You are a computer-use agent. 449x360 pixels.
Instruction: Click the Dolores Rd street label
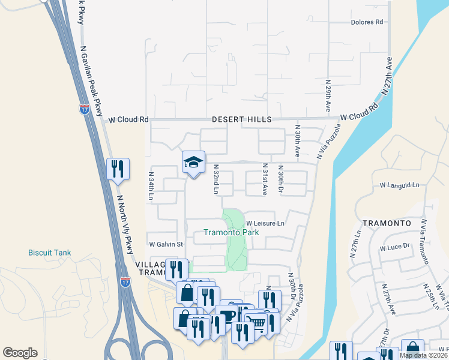click(366, 22)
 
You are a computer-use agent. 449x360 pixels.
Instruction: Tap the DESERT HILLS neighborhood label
click(241, 120)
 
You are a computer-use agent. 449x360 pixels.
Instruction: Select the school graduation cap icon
click(193, 162)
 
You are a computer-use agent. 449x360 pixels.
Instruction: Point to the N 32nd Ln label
click(215, 179)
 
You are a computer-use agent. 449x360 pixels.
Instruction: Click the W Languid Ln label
click(399, 186)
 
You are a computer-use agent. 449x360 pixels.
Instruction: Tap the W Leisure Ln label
click(264, 223)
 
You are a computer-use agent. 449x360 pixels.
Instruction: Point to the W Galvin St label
click(166, 244)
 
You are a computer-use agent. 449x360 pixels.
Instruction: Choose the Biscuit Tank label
click(49, 253)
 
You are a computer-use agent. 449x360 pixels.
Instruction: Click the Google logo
click(20, 353)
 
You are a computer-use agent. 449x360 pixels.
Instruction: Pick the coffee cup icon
click(228, 316)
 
